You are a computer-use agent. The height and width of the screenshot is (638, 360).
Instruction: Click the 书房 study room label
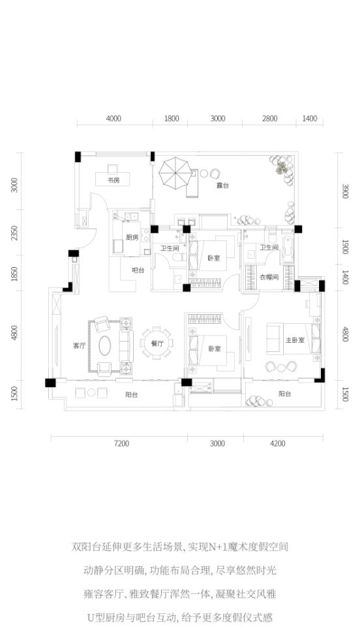tap(113, 181)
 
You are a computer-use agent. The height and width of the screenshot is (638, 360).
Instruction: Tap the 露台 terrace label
tap(222, 186)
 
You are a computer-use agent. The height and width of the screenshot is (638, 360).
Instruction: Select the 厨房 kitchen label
tap(132, 238)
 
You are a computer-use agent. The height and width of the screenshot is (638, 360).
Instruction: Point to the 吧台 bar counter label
tap(138, 270)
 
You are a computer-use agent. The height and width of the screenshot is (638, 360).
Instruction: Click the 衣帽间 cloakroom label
tap(269, 278)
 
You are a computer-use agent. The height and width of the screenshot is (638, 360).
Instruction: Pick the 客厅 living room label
tap(79, 346)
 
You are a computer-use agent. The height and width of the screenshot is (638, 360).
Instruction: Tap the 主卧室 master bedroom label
tap(295, 340)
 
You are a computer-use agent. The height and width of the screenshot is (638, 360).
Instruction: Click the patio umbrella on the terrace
tap(175, 173)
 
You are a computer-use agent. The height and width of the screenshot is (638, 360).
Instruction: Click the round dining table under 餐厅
tap(157, 343)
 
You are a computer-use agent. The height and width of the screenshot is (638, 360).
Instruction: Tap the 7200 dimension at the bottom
tap(121, 443)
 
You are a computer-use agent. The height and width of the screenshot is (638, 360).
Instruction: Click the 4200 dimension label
tap(278, 443)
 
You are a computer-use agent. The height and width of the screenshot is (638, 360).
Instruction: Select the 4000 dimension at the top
tap(113, 119)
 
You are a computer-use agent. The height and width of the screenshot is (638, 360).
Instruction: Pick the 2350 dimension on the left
tap(14, 233)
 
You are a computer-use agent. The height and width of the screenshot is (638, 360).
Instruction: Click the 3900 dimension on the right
tap(346, 191)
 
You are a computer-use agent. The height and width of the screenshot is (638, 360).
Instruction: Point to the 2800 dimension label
tap(269, 119)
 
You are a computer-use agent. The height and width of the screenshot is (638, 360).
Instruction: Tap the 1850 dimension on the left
tap(14, 274)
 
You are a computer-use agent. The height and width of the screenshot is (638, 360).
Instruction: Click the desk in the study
tap(113, 178)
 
